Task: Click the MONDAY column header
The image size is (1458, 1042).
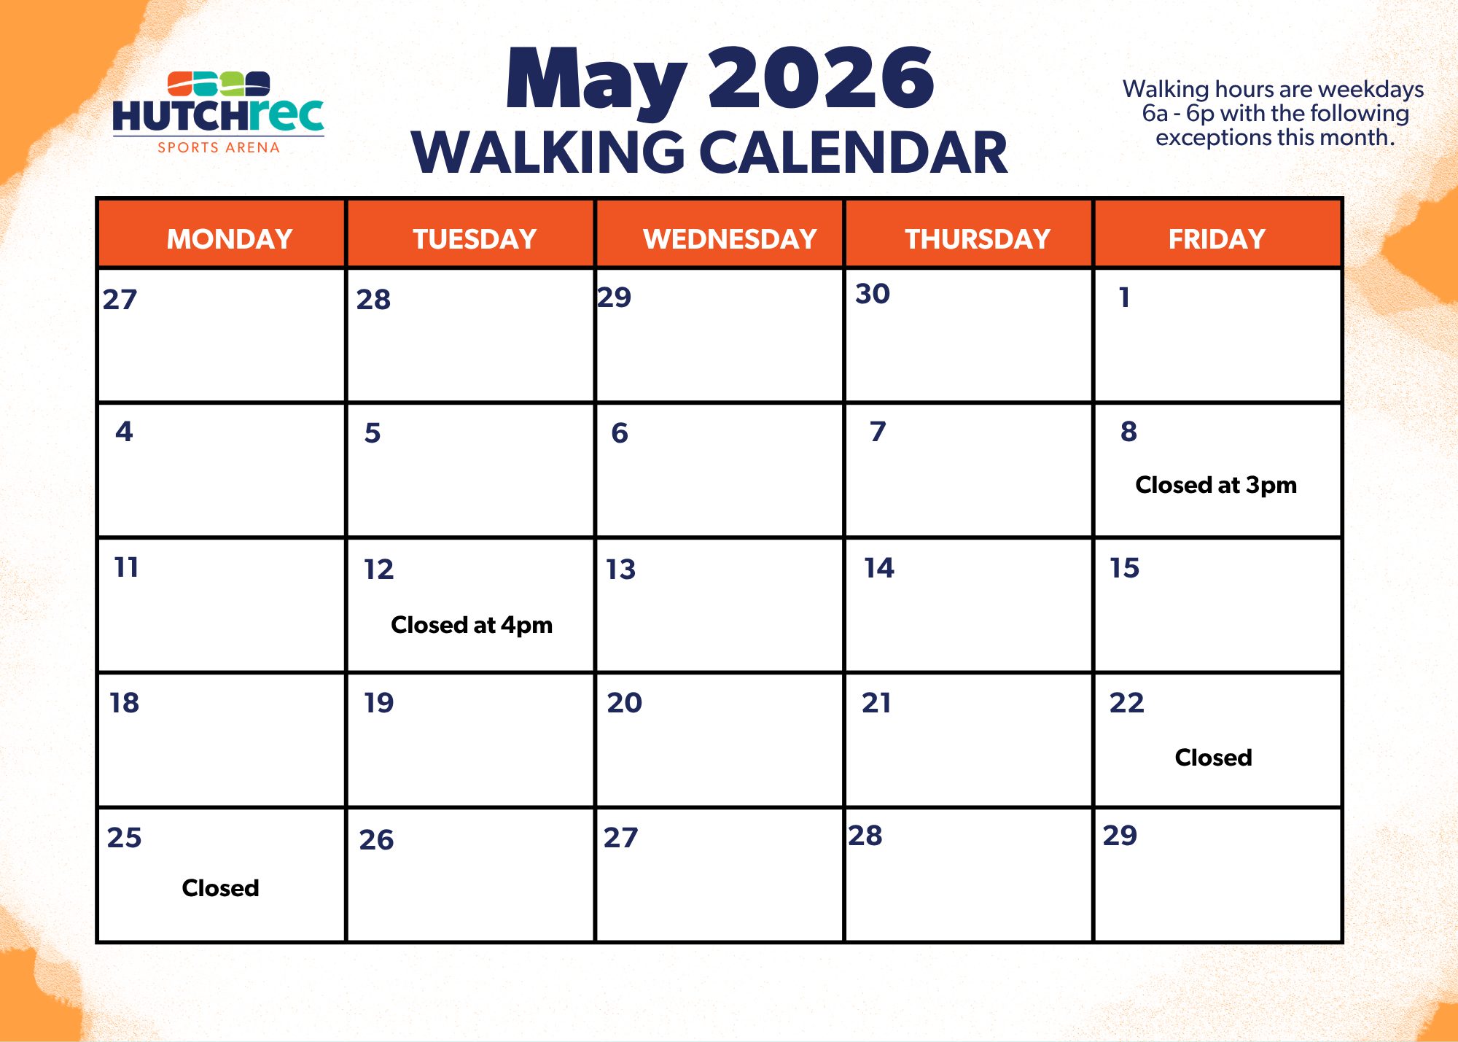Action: pos(230,239)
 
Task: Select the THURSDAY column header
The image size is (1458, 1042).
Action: pos(978,239)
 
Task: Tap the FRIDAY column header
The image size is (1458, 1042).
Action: pos(1217,239)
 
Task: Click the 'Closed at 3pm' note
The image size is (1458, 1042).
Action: pos(1216,485)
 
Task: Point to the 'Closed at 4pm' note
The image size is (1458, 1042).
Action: pos(472,625)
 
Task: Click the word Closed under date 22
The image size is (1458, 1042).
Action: pos(1213,758)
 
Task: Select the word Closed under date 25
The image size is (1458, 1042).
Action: pos(220,888)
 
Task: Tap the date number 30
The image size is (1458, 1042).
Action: pos(873,294)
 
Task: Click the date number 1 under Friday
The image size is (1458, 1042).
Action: pos(1125,297)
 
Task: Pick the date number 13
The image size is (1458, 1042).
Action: pos(621,569)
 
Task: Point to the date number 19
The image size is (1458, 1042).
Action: pos(379,703)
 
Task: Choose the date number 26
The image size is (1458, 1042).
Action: pos(376,840)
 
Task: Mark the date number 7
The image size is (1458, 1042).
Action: pos(878,432)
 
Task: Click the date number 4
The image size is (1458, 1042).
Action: pos(124,432)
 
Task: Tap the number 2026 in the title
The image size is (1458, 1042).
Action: pos(821,78)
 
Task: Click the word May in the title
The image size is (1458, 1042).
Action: pos(596,82)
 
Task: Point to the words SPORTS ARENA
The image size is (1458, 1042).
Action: pos(219,147)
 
